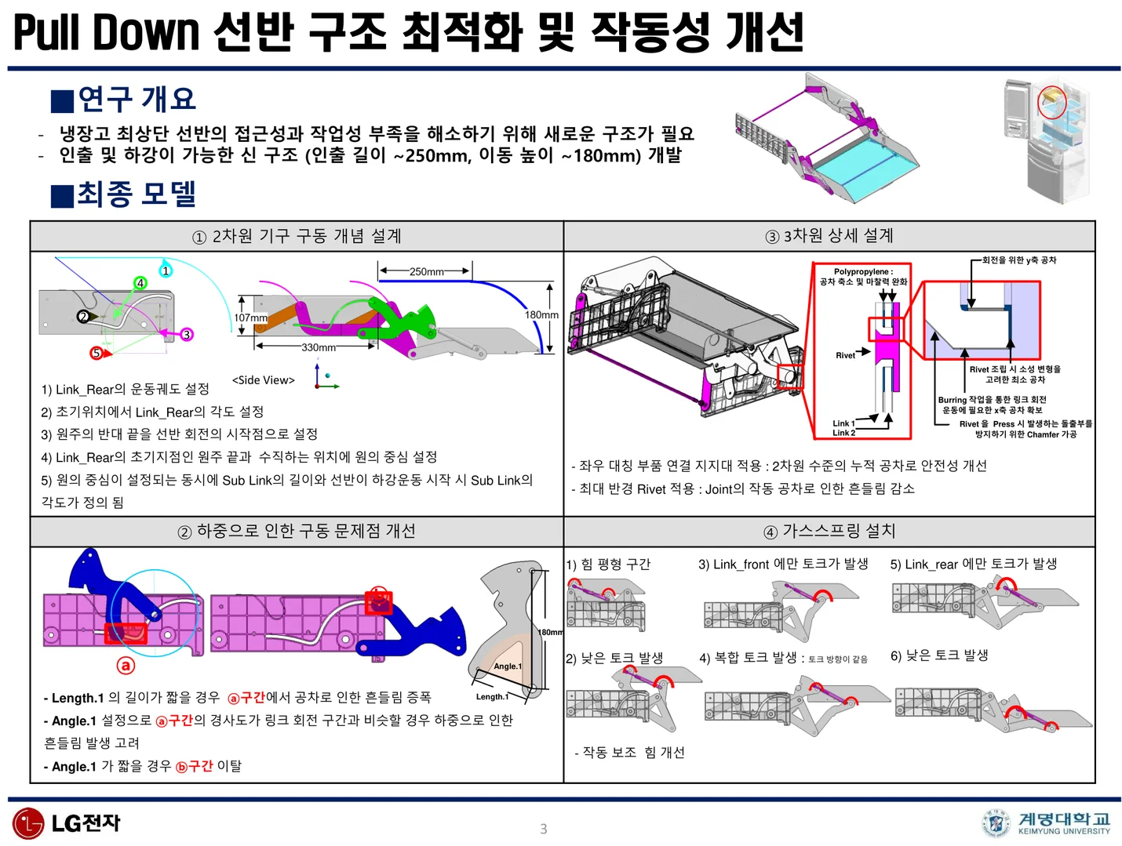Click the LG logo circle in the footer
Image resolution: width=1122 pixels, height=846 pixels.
click(28, 823)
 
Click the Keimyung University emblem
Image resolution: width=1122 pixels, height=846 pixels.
click(996, 823)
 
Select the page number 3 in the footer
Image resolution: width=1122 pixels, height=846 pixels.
click(543, 829)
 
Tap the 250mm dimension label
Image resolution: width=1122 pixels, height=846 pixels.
click(426, 271)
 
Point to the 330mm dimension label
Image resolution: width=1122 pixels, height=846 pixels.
click(319, 347)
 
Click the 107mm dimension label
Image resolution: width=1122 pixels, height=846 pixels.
click(251, 318)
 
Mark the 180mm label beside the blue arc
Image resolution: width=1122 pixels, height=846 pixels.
click(541, 314)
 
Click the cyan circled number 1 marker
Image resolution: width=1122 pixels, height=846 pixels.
click(166, 271)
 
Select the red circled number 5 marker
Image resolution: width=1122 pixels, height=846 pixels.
click(97, 353)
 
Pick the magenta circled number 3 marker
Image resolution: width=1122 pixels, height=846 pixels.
click(186, 334)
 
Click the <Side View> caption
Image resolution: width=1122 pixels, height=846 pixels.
click(264, 380)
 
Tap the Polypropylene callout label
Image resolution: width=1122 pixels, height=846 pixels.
click(863, 277)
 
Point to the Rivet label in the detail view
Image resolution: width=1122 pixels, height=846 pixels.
click(845, 355)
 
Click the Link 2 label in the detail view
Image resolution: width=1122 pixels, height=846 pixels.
click(843, 433)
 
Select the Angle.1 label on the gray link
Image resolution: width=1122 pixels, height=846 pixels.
click(507, 666)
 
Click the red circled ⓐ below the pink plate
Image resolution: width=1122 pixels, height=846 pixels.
click(126, 666)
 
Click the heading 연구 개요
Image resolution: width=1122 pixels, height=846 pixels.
click(137, 99)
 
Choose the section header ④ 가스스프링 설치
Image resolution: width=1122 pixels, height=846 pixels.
click(829, 531)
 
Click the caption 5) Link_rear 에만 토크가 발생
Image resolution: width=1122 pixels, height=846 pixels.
click(973, 564)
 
